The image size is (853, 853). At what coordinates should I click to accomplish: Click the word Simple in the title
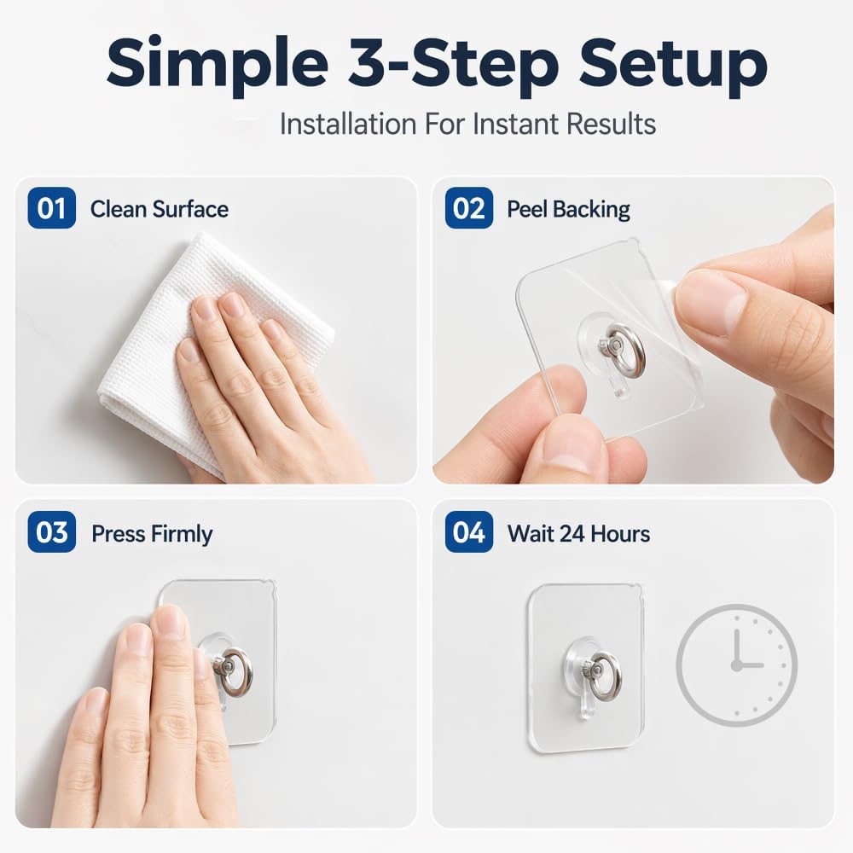point(217,64)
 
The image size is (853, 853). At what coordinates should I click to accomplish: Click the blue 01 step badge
point(52,208)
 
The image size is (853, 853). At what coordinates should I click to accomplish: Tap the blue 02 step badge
point(469,208)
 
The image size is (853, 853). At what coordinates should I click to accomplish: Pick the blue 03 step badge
point(52,532)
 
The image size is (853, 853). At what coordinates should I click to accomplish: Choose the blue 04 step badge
point(469,532)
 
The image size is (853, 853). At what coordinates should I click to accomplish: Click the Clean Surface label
point(160,209)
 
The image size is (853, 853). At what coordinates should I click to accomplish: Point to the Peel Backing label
point(568,210)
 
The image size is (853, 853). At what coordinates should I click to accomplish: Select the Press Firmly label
point(152,534)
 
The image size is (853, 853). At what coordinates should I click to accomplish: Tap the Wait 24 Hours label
point(579,534)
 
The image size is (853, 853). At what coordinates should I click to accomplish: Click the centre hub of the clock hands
point(737,664)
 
